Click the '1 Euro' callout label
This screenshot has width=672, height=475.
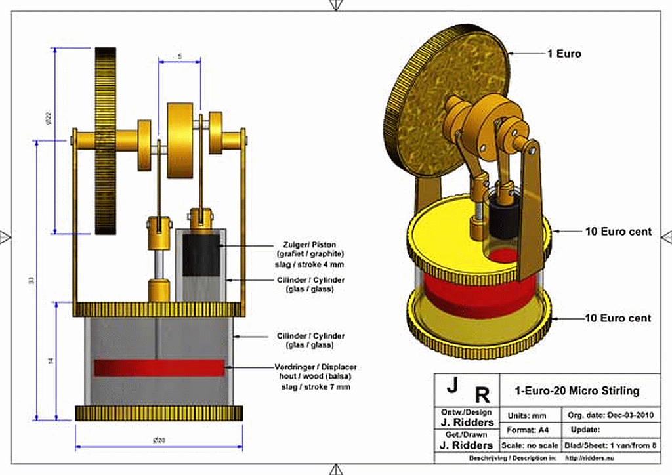pos(564,54)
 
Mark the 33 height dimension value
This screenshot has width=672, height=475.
pos(30,281)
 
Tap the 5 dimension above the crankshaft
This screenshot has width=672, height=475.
pos(180,56)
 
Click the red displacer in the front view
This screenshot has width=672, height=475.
pos(159,367)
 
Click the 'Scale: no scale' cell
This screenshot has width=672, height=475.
pos(529,445)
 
